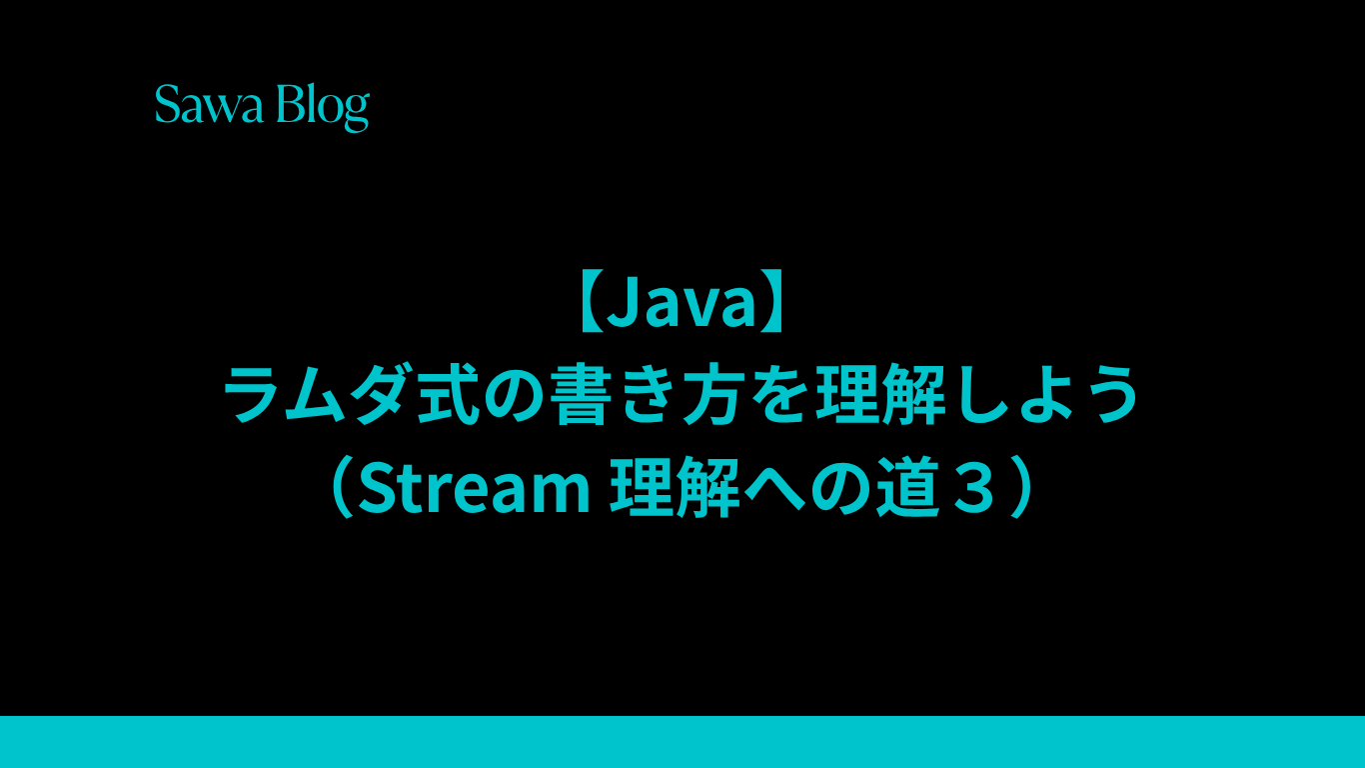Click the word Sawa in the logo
click(x=209, y=104)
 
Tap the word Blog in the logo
click(x=323, y=108)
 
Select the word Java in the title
click(x=682, y=303)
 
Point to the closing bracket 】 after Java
click(x=773, y=303)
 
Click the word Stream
click(x=475, y=488)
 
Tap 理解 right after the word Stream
click(x=676, y=487)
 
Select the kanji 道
click(x=908, y=487)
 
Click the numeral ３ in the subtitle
click(x=972, y=488)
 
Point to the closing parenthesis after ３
click(x=1021, y=487)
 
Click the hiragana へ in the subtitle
click(x=773, y=489)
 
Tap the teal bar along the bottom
click(x=682, y=742)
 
